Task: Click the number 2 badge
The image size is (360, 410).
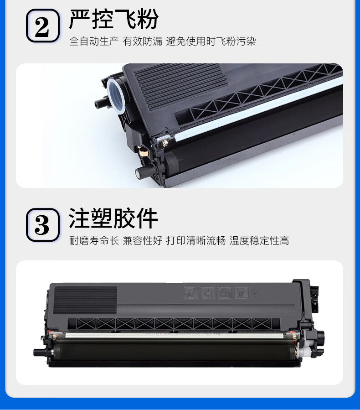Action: [43, 26]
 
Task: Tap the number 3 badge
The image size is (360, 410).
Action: [43, 225]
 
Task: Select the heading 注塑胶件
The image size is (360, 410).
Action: [113, 218]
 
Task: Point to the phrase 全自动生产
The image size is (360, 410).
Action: [94, 42]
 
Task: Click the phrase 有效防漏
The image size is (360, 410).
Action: [142, 42]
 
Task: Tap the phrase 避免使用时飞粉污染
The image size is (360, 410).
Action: [211, 42]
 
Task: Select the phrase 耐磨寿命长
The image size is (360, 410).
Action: [94, 240]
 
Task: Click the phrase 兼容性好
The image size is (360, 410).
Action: [142, 240]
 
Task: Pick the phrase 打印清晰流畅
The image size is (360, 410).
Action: [196, 240]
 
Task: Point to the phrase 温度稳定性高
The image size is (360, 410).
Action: [259, 240]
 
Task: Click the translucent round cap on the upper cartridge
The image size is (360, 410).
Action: [115, 95]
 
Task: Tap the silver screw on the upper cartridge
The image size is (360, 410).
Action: [165, 142]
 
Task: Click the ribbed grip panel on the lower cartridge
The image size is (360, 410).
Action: [85, 300]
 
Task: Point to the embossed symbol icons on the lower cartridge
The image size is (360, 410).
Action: [216, 293]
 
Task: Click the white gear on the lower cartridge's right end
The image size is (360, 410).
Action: [306, 352]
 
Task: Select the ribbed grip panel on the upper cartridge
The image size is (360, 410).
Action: [180, 87]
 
